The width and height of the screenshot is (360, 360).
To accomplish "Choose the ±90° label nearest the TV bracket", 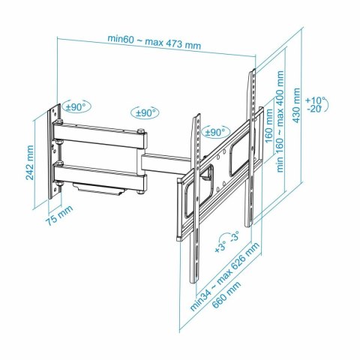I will pyautogui.click(x=214, y=132).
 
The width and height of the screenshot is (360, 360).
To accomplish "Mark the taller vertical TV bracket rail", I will pyautogui.click(x=252, y=150).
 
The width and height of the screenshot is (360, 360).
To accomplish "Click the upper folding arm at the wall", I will pyautogui.click(x=97, y=139).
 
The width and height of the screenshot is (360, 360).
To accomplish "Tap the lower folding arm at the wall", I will pyautogui.click(x=97, y=172).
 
